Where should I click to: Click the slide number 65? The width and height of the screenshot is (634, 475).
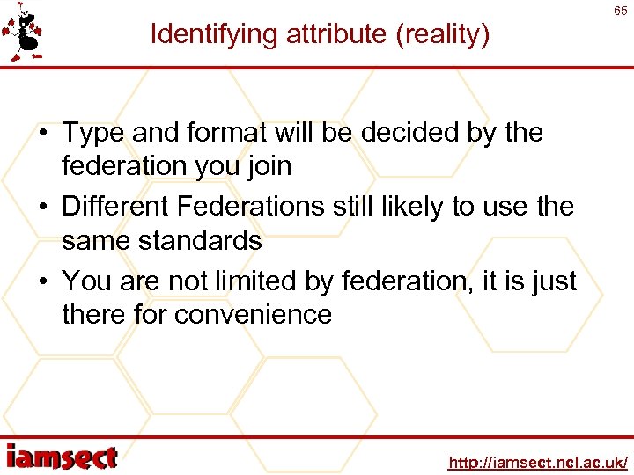(x=621, y=11)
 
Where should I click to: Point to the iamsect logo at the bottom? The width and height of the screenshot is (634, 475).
(x=62, y=458)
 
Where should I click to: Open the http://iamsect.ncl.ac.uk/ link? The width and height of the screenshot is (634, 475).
(x=537, y=462)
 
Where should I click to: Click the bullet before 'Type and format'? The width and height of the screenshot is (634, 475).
(x=42, y=134)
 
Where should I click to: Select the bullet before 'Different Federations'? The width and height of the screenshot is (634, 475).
(x=42, y=208)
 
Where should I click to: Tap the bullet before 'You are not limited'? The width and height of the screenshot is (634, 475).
(x=42, y=281)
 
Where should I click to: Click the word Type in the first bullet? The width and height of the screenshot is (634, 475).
(x=91, y=134)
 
